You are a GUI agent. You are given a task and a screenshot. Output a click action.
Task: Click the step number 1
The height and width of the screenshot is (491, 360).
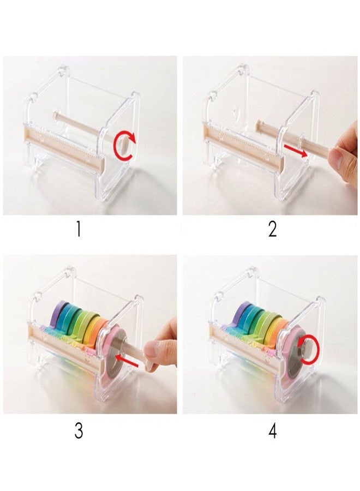click(78, 229)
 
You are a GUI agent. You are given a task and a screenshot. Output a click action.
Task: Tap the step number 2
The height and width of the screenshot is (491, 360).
click(272, 229)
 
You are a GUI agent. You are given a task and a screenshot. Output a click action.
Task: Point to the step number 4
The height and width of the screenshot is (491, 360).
click(273, 431)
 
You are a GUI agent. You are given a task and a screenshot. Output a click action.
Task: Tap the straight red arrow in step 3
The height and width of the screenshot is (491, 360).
click(127, 361)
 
